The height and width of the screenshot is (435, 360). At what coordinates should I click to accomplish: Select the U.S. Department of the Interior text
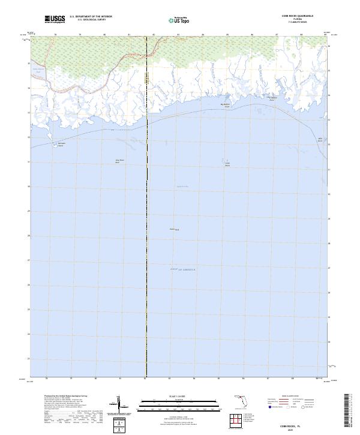91,17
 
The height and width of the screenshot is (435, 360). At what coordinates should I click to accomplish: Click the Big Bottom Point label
226,104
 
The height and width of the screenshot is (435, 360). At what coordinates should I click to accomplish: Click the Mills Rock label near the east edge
320,140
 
